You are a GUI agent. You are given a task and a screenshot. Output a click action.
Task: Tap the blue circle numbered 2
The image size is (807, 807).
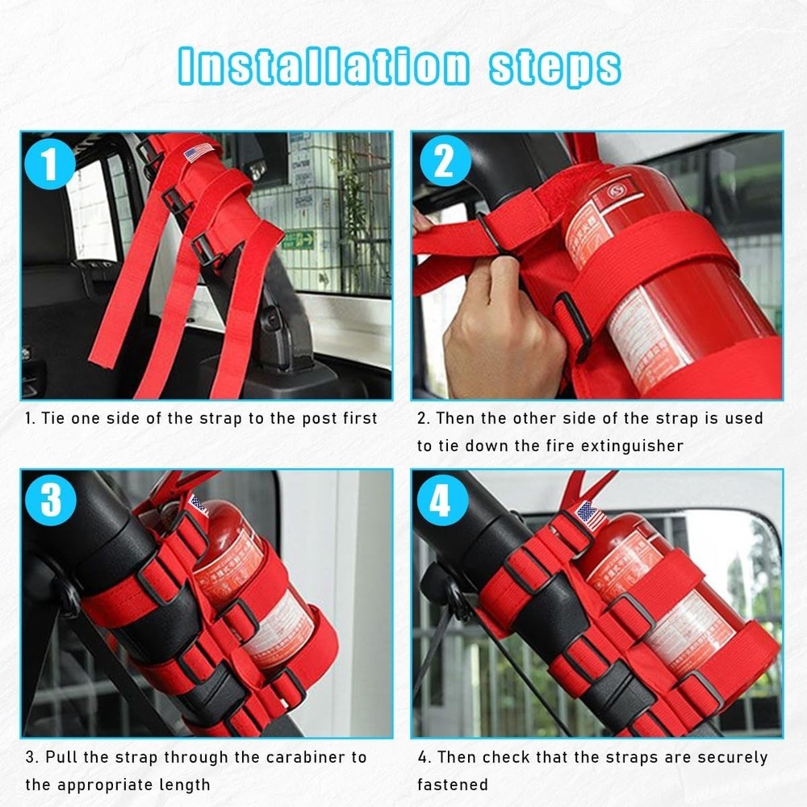pos(443,164)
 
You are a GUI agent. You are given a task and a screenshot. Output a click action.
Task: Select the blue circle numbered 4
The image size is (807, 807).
pos(441,501)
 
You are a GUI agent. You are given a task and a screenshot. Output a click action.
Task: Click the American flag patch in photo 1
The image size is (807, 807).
pos(199,151)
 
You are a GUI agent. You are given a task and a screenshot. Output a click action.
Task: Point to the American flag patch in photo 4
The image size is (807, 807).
pos(592,515)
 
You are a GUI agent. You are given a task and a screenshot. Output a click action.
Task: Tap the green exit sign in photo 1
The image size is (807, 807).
pos(299,240)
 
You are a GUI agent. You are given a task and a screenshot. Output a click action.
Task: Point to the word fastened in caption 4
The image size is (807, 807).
pos(453,784)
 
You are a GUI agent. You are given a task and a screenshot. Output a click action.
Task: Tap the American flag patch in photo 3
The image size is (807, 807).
pos(198,506)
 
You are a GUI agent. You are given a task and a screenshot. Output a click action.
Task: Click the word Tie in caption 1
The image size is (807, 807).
pos(55,418)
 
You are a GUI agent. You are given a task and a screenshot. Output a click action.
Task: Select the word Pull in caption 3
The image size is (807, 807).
pos(61,757)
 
